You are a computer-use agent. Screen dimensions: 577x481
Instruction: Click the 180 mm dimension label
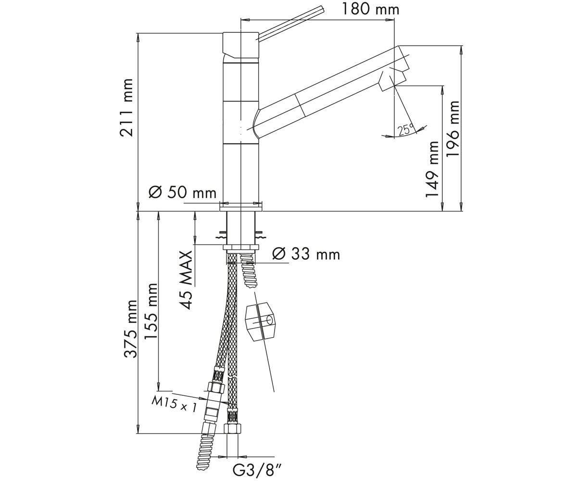tap(371, 10)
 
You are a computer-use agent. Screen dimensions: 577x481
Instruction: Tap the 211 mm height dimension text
tap(126, 108)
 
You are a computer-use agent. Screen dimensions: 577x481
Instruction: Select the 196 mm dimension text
tap(452, 129)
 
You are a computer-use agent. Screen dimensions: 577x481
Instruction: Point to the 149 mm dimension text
tap(432, 169)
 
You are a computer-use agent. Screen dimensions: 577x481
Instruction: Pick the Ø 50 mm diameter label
tap(182, 192)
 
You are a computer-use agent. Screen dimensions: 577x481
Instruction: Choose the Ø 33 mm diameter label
tap(306, 254)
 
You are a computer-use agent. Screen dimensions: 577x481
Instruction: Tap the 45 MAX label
tap(186, 280)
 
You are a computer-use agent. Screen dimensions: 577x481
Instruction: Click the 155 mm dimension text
tap(151, 311)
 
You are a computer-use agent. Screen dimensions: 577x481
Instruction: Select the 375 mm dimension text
tap(130, 329)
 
